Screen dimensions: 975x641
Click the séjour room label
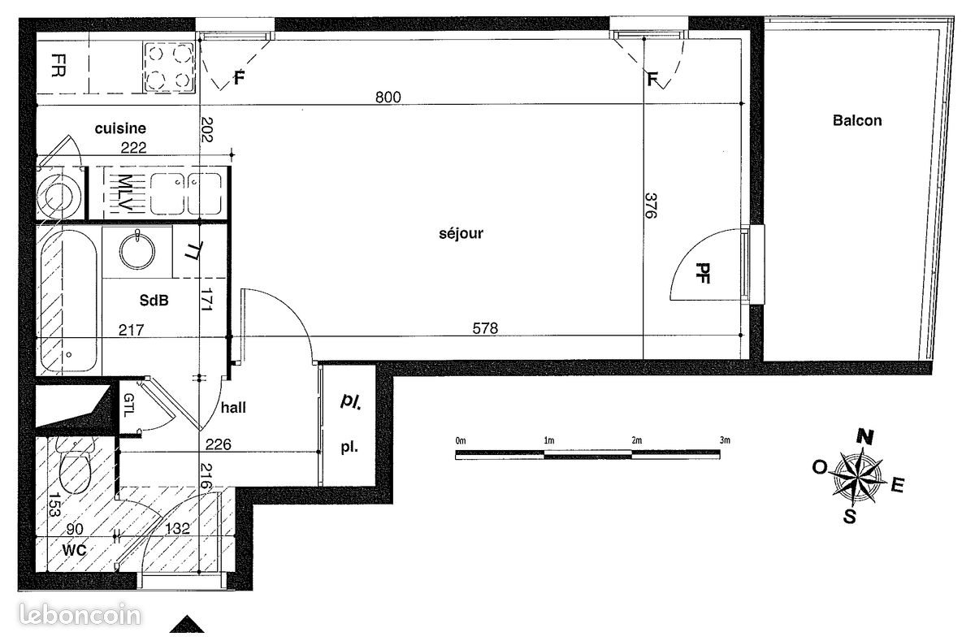(x=461, y=234)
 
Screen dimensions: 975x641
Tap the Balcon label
(x=857, y=120)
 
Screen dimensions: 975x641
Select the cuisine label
(x=120, y=128)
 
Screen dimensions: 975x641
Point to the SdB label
(x=154, y=301)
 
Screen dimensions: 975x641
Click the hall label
(x=233, y=408)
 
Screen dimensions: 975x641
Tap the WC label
(x=75, y=550)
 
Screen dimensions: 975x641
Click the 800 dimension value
(x=388, y=97)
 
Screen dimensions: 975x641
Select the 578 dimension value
(x=485, y=328)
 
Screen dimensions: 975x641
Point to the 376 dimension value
(x=650, y=206)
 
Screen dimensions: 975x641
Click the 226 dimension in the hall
(x=218, y=444)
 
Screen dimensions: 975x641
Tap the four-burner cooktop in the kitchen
(x=169, y=67)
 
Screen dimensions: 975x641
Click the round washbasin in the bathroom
(x=137, y=251)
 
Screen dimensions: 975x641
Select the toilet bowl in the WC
(x=75, y=468)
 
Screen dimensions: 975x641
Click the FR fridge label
(x=58, y=65)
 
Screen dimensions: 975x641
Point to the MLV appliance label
(x=124, y=193)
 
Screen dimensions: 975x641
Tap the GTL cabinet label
(x=129, y=405)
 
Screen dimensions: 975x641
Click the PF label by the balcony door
(x=703, y=273)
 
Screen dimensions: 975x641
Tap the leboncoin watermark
(x=80, y=614)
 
